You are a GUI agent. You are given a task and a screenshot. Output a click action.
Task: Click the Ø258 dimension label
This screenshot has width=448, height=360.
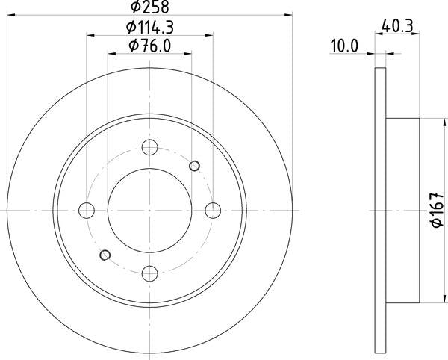point(150,9)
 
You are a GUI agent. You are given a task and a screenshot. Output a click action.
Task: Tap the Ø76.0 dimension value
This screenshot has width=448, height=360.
point(150,46)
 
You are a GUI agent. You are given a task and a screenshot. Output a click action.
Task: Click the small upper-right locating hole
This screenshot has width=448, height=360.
point(196,165)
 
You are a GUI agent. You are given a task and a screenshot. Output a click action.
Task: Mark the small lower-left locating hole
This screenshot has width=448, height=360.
point(105,255)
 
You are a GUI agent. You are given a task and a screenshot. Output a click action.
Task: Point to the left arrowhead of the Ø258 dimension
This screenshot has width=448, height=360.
point(11,16)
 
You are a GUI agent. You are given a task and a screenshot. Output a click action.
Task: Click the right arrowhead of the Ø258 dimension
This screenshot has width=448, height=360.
point(288,16)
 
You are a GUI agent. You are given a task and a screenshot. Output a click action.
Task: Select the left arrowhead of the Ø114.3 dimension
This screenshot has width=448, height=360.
point(90,34)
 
